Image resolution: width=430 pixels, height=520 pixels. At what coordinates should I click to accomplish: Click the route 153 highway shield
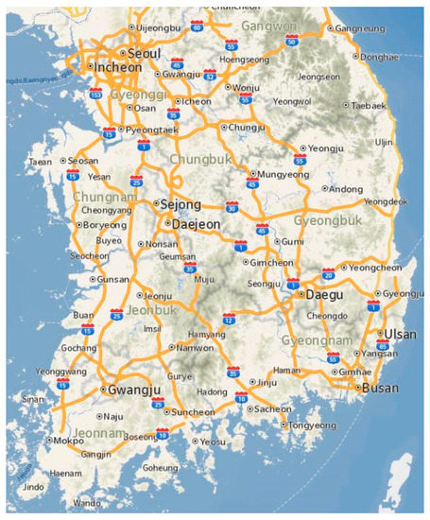(x=95, y=96)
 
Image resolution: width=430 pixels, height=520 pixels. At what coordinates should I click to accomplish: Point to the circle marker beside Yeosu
(x=195, y=441)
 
